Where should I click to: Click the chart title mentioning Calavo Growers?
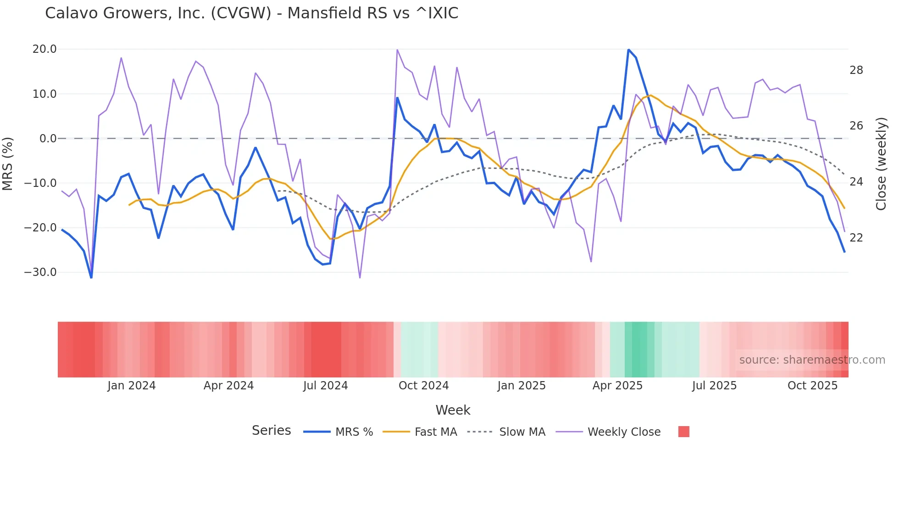(251, 13)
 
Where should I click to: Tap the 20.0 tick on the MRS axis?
(44, 49)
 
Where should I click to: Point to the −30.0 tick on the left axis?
(40, 272)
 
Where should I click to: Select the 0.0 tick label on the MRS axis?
(48, 139)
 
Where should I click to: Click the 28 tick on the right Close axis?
(856, 70)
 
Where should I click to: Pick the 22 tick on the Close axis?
(856, 238)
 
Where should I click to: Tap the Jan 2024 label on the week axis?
(132, 386)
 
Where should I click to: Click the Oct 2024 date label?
(423, 386)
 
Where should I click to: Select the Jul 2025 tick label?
(714, 386)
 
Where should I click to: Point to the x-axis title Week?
(453, 410)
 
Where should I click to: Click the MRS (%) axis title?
(8, 163)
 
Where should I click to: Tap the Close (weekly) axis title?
(881, 164)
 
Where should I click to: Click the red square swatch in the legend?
(683, 432)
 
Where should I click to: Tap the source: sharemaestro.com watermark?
(812, 360)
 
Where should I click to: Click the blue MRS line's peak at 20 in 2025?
(628, 50)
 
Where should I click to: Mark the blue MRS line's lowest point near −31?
(91, 277)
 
